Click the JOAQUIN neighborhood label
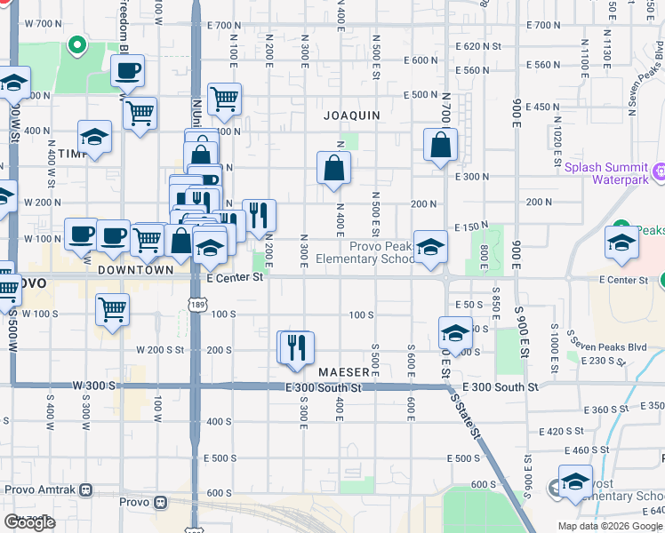[352, 115]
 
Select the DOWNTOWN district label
[135, 269]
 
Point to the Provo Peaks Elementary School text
[382, 253]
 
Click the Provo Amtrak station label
[42, 489]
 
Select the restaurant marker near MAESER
[298, 346]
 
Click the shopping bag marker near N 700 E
[440, 144]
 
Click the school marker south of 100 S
[455, 334]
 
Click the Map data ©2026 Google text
[609, 526]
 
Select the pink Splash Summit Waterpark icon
[659, 171]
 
